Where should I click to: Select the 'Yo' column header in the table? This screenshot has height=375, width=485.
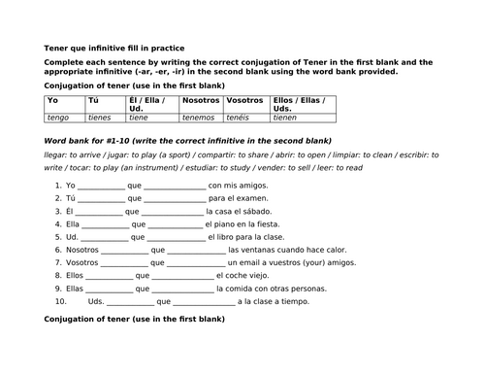click(53, 100)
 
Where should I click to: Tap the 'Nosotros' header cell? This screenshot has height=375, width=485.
click(200, 100)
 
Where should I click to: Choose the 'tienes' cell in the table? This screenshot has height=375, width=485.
click(100, 118)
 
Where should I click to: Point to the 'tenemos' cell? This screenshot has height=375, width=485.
click(199, 118)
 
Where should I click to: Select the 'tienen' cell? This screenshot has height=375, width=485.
click(288, 118)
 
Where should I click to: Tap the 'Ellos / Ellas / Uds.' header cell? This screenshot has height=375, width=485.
click(301, 104)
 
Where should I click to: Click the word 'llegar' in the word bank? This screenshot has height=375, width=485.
click(56, 153)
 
